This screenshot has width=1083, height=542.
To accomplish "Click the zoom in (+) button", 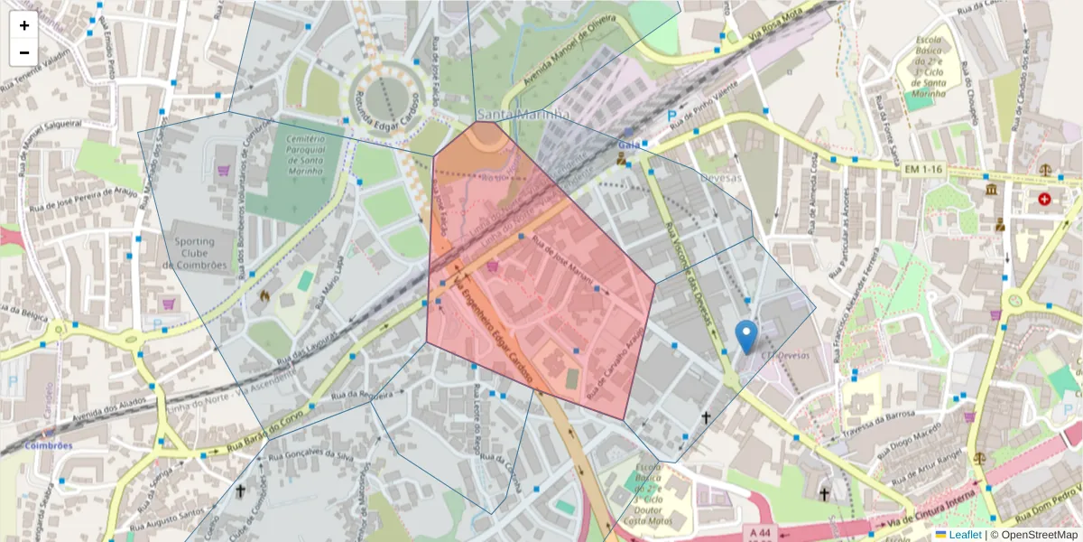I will pos(24,25).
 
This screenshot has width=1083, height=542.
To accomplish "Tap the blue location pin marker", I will pos(745,336).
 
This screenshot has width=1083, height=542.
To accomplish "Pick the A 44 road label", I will pos(762,533).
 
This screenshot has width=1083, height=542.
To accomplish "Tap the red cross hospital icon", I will pos(1045,198).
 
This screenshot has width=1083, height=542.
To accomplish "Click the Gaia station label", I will pos(629,145).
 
